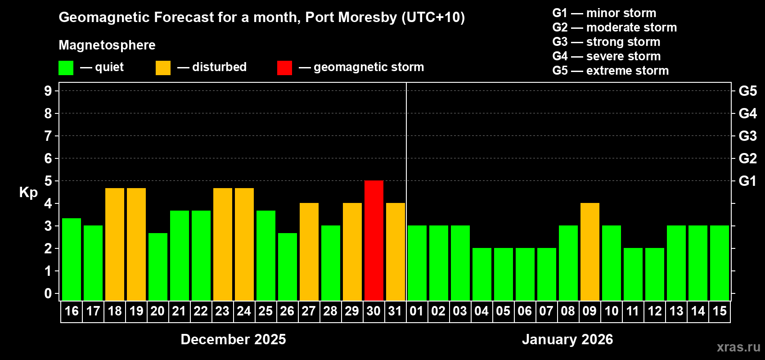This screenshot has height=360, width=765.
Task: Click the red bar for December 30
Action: point(374,240)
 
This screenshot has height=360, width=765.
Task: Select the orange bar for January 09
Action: point(590,252)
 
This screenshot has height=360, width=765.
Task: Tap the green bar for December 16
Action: point(72,259)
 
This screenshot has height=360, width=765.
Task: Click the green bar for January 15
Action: point(720,263)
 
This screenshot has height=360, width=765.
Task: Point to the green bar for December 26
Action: point(288,266)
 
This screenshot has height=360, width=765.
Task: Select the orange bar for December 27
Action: point(309,252)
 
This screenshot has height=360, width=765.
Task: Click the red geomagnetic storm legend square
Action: point(284,68)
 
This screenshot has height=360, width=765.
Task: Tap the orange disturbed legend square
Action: point(163,68)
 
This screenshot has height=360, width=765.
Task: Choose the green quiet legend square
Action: point(66,68)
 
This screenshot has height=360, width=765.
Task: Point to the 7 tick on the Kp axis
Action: point(48,136)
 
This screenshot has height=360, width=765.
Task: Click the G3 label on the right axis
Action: point(747,136)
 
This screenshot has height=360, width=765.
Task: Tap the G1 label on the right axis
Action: point(747,181)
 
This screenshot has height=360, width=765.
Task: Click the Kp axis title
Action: point(28,192)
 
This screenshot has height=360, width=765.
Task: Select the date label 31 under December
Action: point(395,311)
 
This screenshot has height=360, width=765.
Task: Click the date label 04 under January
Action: point(481,311)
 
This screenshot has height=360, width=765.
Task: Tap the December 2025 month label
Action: point(233,339)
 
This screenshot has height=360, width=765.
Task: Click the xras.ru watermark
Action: point(738,347)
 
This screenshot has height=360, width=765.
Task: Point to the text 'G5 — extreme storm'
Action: point(610,71)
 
